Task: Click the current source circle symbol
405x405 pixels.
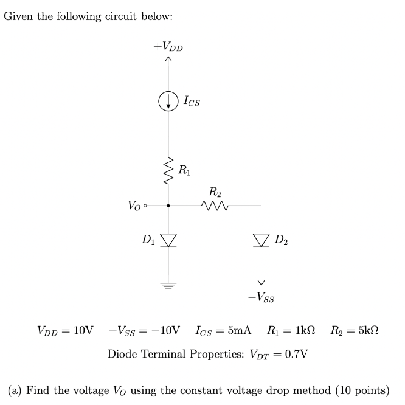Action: pos(168,102)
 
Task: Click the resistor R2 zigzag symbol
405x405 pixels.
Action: pos(214,206)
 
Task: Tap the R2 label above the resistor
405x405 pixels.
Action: pos(215,193)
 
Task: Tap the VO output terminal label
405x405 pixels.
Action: pos(136,206)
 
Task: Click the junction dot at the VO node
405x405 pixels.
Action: pos(168,206)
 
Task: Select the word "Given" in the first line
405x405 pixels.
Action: pos(18,16)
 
